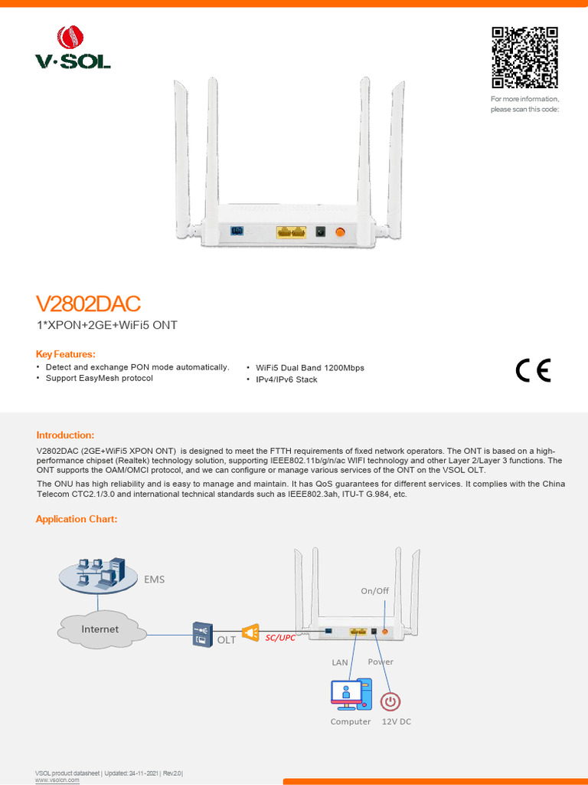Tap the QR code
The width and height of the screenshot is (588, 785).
(524, 57)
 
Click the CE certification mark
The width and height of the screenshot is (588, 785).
(533, 370)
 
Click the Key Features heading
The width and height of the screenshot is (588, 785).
(66, 354)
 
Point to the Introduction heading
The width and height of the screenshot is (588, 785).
(65, 435)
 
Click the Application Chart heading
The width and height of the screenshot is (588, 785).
(77, 519)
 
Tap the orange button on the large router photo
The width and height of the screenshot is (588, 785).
(340, 232)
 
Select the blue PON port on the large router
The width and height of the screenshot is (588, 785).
(237, 231)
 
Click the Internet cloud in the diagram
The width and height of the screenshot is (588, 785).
(100, 629)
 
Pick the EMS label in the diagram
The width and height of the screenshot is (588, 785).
(155, 580)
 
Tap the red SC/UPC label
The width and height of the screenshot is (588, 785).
(279, 637)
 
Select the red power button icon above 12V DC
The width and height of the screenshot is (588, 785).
(390, 701)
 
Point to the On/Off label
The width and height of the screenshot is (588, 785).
(375, 591)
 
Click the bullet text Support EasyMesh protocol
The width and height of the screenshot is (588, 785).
(100, 379)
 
